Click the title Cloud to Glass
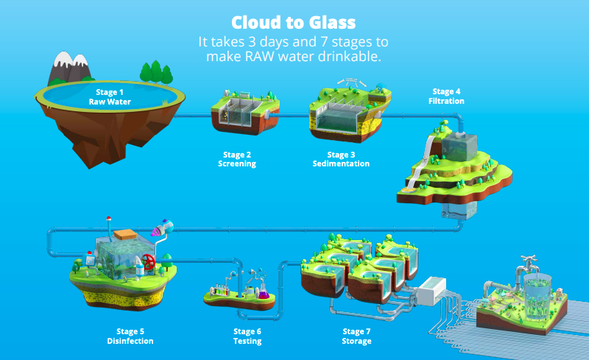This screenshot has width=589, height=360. tap(293, 23)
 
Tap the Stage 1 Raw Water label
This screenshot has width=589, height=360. tap(110, 97)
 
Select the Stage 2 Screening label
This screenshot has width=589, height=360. tap(237, 159)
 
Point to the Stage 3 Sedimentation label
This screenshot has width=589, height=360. tap(341, 159)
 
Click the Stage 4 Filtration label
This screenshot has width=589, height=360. tap(446, 96)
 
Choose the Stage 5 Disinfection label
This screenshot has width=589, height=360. tap(130, 336)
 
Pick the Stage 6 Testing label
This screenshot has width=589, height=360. tap(247, 336)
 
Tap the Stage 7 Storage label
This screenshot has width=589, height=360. tap(356, 336)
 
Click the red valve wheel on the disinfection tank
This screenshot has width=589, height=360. tap(149, 261)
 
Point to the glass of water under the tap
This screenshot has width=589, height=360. tap(537, 296)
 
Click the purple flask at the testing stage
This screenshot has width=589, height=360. tap(264, 292)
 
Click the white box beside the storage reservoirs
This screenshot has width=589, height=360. tap(432, 290)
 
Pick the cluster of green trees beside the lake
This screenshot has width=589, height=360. tap(156, 72)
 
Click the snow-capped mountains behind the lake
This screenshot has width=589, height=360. tap(69, 68)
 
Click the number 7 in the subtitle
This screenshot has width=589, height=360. tap(324, 42)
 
